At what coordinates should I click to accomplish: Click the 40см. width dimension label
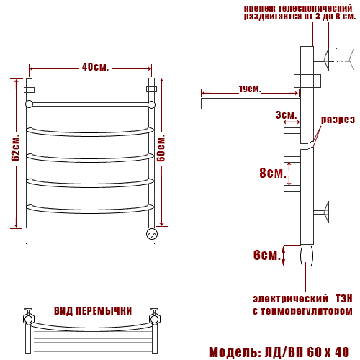(95, 67)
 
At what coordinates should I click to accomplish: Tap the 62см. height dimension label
(15, 148)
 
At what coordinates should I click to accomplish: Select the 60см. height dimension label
(161, 148)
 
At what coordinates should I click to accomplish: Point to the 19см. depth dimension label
(250, 89)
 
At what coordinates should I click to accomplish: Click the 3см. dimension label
(286, 115)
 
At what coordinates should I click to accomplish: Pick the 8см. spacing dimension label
(273, 173)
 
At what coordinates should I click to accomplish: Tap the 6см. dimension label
(267, 255)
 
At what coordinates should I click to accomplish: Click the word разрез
(338, 120)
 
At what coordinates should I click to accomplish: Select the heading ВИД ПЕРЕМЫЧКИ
(93, 311)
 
